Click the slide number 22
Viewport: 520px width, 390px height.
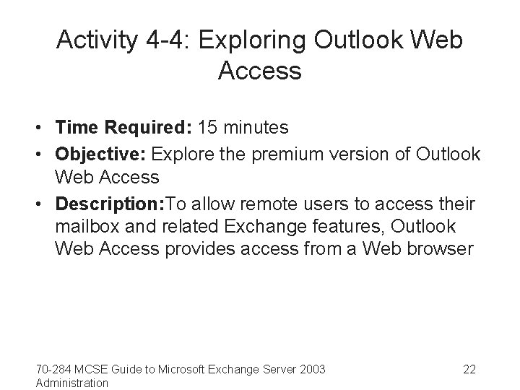[x=469, y=370]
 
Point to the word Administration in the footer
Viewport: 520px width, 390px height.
[x=72, y=383]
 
